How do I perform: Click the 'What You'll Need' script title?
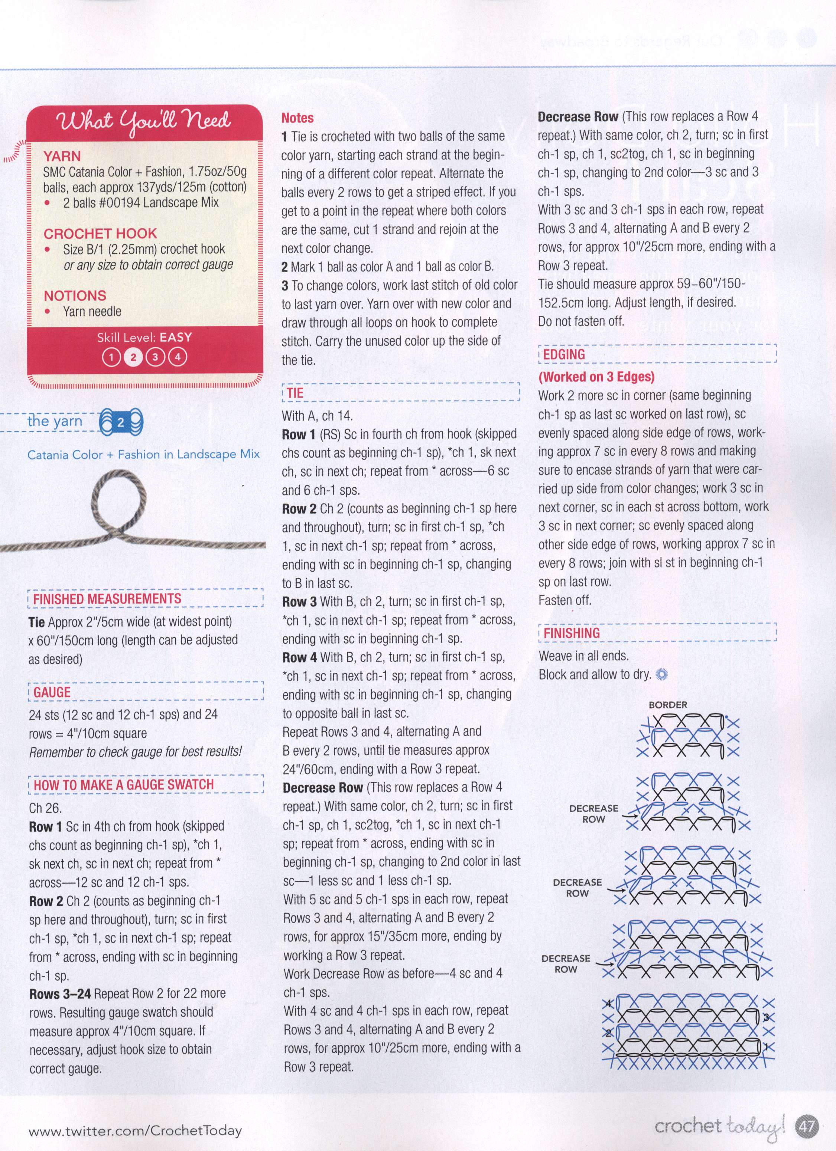pos(145,122)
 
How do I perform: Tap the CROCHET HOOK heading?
pos(100,234)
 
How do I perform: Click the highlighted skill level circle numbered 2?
pos(133,357)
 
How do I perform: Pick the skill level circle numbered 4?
pos(177,357)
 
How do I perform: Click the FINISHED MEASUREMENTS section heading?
pos(107,599)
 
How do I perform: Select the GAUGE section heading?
pos(52,692)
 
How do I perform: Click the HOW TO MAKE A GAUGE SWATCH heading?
pos(124,784)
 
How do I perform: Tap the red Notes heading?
pos(297,118)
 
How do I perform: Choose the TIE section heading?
pos(295,393)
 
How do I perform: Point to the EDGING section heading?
pos(564,354)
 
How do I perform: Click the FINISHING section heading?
pos(572,633)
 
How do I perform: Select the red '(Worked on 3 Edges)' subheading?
pos(596,377)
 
